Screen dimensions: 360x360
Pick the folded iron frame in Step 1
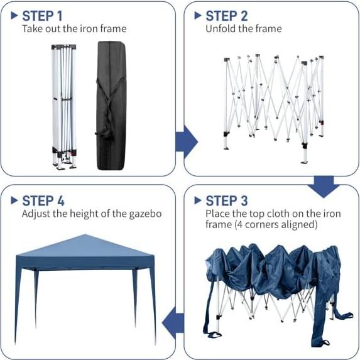click(x=63, y=106)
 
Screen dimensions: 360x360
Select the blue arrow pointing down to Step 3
click(x=325, y=185)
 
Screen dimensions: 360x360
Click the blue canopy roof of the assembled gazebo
click(x=85, y=246)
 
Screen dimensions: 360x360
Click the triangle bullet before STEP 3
click(x=198, y=200)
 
